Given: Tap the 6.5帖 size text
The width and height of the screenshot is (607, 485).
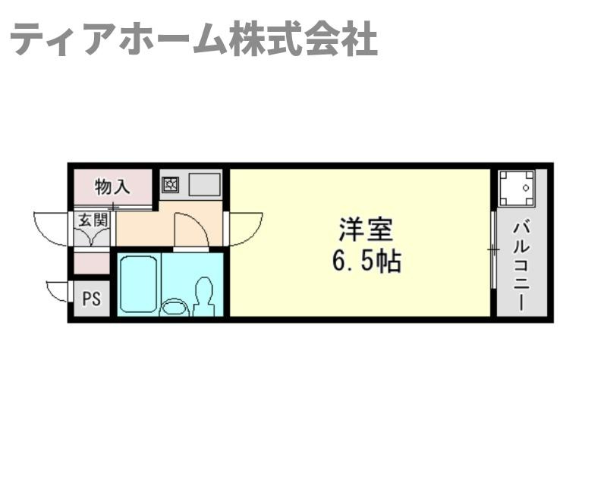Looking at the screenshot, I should click(x=366, y=261).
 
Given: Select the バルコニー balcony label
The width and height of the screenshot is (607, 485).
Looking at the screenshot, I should click(x=521, y=265).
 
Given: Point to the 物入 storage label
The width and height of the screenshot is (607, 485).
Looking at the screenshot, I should click(x=113, y=185).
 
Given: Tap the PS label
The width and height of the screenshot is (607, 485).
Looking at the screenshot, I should click(x=91, y=299).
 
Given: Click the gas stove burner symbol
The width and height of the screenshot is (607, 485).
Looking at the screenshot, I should click(x=170, y=183).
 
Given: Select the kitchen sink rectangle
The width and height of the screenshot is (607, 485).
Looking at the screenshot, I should click(x=204, y=184).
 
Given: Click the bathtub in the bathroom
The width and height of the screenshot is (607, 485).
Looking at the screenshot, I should click(x=138, y=283).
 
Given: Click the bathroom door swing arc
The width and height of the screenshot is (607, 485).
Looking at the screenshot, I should click(x=190, y=229).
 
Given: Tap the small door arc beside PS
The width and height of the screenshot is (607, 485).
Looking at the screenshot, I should click(x=58, y=291).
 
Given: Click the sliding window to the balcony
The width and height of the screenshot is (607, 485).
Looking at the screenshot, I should click(x=493, y=249).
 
